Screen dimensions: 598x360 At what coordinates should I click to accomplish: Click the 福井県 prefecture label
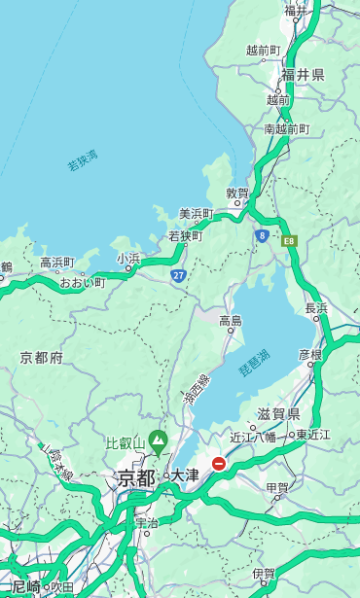(303, 75)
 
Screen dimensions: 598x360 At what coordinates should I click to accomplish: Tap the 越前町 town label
(263, 50)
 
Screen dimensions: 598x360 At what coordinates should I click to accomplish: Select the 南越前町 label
(286, 128)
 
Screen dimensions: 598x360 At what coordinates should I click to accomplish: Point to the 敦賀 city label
(237, 193)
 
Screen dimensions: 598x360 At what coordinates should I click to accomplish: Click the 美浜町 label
(196, 214)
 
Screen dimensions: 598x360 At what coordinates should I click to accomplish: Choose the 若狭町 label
(185, 236)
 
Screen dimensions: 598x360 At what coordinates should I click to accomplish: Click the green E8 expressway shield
(289, 239)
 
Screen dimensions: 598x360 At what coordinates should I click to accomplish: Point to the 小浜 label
(128, 259)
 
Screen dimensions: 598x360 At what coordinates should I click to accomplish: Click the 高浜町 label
(56, 263)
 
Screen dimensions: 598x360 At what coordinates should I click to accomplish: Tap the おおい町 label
(82, 282)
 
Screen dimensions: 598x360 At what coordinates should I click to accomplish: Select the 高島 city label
(231, 321)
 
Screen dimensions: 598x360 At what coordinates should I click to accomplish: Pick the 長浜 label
(317, 308)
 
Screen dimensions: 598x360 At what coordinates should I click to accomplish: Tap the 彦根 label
(309, 355)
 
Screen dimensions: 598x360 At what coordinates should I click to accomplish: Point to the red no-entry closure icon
(219, 465)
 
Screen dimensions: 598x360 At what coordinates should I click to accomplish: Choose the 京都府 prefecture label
(41, 358)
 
